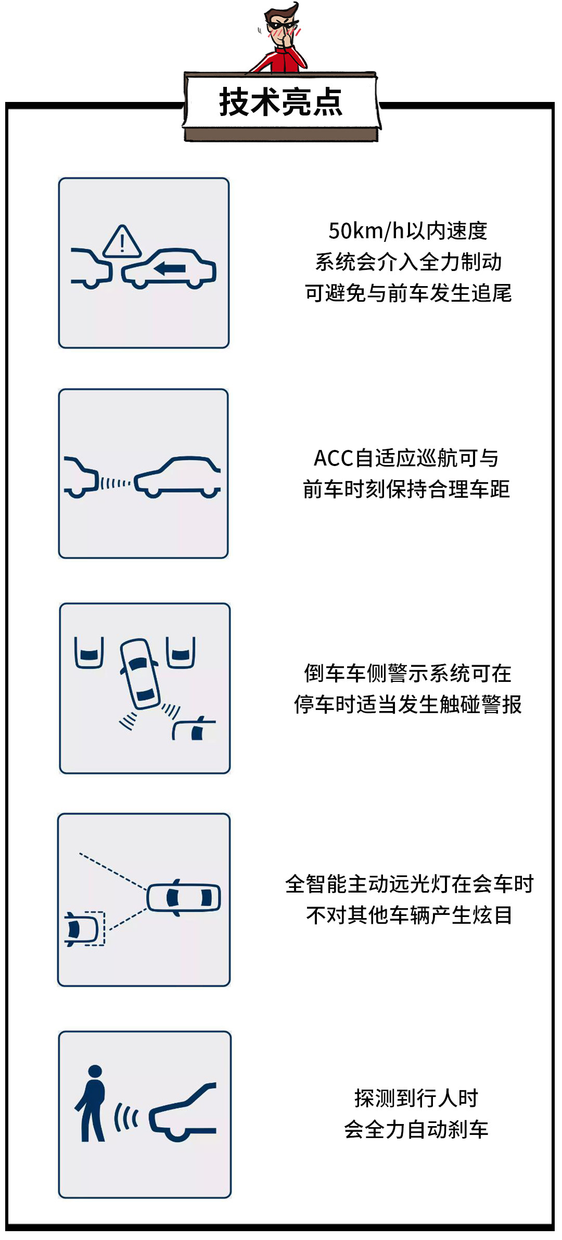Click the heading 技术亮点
(281, 102)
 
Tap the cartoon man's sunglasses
(281, 24)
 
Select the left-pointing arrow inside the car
(170, 268)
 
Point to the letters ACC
(334, 458)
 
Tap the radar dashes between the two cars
(116, 483)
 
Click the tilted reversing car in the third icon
(139, 674)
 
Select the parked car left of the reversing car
(90, 652)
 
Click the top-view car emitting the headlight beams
(184, 897)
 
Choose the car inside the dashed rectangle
(82, 928)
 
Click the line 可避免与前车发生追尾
(408, 293)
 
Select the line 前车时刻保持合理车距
(406, 489)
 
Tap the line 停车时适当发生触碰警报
(408, 705)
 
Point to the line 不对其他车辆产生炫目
(410, 915)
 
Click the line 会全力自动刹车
(416, 1129)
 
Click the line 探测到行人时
(416, 1098)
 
